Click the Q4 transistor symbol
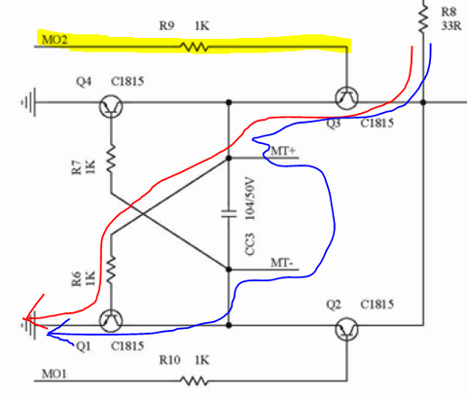click(111, 106)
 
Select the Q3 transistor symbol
click(346, 98)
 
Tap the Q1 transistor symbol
click(111, 321)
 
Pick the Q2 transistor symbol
click(346, 329)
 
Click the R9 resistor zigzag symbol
click(195, 47)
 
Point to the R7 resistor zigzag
click(111, 159)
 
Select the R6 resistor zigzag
click(111, 270)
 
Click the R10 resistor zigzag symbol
click(195, 380)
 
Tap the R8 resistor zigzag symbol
click(423, 18)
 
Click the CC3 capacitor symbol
click(229, 214)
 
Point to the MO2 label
click(54, 40)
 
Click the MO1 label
click(54, 374)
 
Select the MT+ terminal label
click(283, 151)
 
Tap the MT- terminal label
click(282, 263)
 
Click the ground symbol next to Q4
click(28, 102)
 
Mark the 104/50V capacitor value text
click(250, 198)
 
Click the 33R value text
click(451, 25)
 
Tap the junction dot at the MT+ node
click(229, 158)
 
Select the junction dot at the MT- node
click(229, 270)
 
